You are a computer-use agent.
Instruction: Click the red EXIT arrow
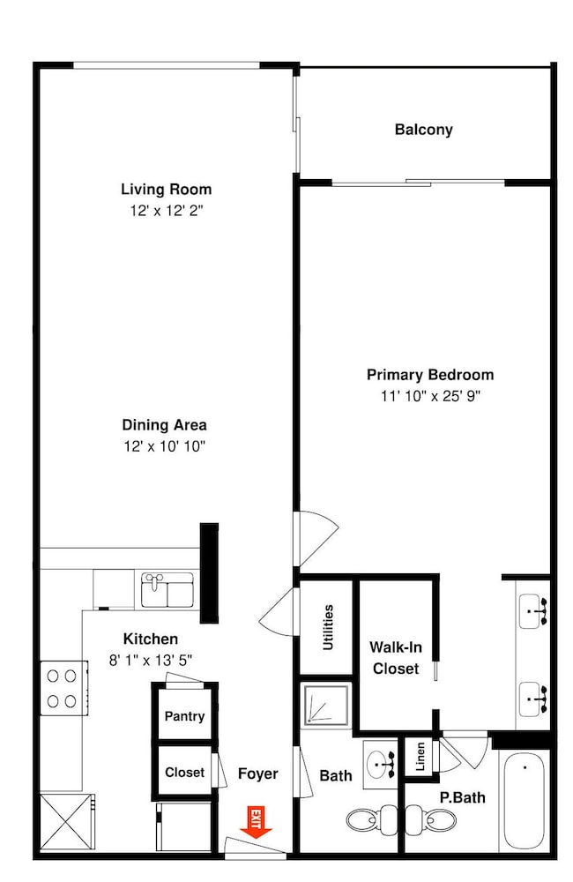click(x=256, y=822)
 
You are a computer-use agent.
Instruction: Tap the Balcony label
click(x=423, y=130)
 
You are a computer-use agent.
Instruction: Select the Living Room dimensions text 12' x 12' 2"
click(x=167, y=211)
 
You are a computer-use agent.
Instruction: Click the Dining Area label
click(x=165, y=425)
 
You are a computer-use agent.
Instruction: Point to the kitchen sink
click(x=167, y=589)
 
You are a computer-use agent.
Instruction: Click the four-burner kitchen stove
click(x=63, y=688)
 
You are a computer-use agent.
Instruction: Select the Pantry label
click(x=184, y=716)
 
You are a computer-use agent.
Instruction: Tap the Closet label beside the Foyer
click(x=184, y=773)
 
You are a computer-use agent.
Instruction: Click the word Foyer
click(x=258, y=774)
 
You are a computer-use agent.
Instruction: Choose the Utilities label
click(x=329, y=628)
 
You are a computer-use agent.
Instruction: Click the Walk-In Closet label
click(x=396, y=658)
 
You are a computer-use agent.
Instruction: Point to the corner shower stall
click(x=325, y=704)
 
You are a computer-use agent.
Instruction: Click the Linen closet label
click(x=420, y=757)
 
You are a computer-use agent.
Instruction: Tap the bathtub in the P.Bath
click(x=524, y=801)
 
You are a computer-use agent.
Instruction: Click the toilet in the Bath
click(x=372, y=819)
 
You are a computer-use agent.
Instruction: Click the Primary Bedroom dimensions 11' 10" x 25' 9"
click(x=431, y=396)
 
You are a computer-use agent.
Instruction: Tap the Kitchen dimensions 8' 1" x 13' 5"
click(x=151, y=660)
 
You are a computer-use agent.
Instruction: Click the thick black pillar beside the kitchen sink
click(x=209, y=572)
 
